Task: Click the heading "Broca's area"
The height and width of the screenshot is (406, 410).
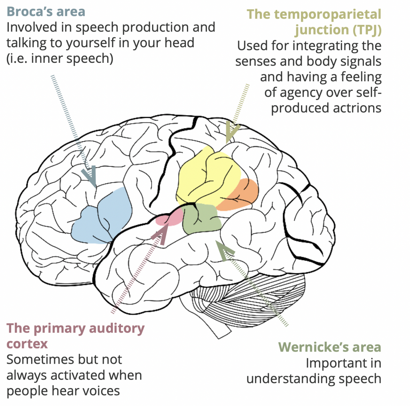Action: pos(46,11)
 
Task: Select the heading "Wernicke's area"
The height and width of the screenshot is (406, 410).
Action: pos(329,347)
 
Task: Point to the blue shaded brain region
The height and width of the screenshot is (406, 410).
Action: pos(102,218)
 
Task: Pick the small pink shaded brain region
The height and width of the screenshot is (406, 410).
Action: pos(168,218)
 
